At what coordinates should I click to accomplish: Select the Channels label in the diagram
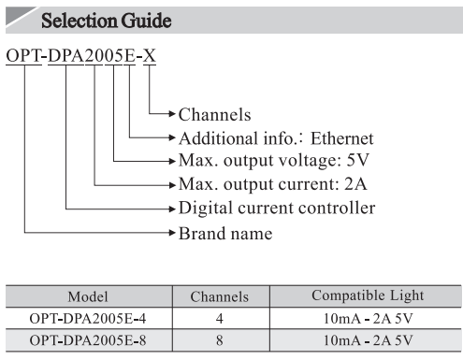[214, 115]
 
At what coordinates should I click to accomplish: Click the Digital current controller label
[277, 208]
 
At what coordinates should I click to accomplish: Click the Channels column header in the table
[220, 296]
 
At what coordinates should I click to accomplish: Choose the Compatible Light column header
[367, 296]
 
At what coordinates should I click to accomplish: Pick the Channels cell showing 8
[220, 338]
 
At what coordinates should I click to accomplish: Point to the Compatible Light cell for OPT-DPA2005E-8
[367, 338]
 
